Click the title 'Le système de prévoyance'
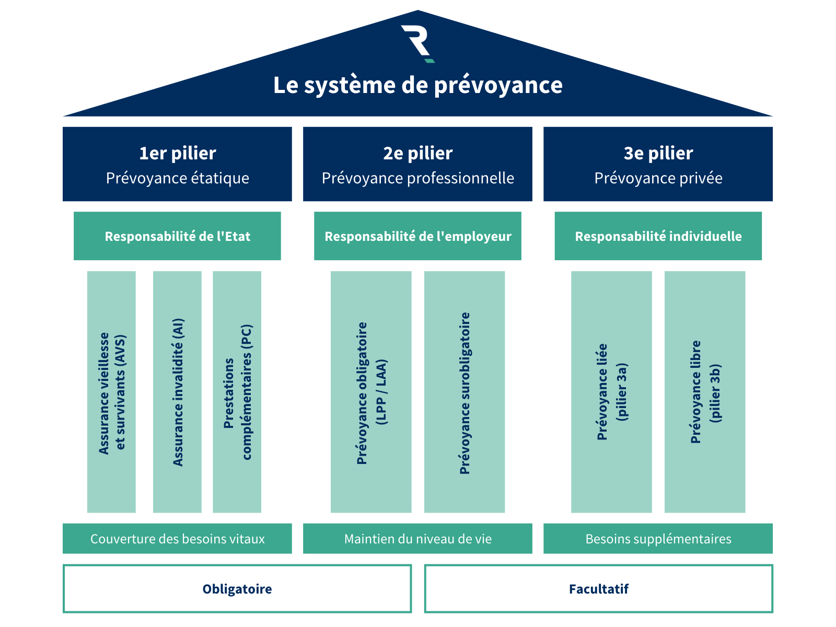(417, 85)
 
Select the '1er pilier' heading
(177, 153)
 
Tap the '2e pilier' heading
(417, 153)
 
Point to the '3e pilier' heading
(658, 153)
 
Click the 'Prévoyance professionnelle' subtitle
(417, 178)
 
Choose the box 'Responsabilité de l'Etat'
(177, 236)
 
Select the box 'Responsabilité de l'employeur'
(417, 236)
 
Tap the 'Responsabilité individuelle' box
(658, 236)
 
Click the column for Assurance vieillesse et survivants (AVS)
(111, 392)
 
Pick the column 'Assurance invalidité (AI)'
(177, 392)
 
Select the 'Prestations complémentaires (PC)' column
(237, 392)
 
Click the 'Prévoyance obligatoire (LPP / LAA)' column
(371, 392)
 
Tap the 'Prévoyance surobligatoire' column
(465, 392)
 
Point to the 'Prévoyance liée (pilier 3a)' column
(611, 392)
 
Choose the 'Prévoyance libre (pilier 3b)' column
(705, 392)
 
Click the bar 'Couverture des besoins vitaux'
(177, 539)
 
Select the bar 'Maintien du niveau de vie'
(417, 539)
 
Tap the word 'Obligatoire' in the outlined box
(237, 589)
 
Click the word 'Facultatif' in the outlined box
(598, 589)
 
